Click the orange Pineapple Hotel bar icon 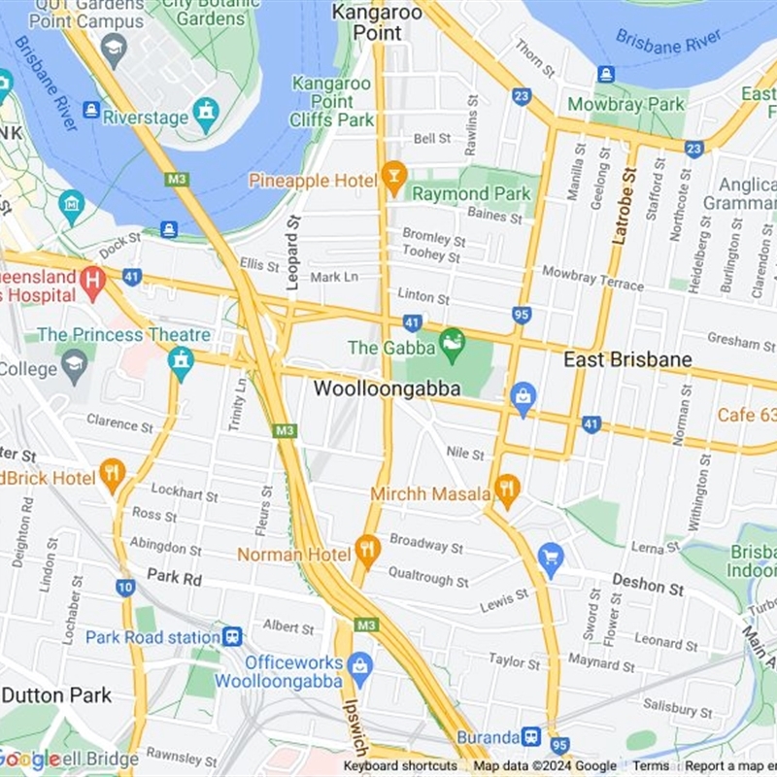point(393,178)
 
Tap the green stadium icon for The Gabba point(452,342)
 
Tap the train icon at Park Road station point(232,637)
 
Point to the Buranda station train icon point(530,737)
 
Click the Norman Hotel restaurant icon point(366,551)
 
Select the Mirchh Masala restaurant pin point(506,488)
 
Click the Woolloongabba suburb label point(387,388)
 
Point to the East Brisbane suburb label point(627,360)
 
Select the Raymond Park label point(472,193)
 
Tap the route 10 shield point(125,587)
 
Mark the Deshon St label point(648,586)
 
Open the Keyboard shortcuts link point(399,766)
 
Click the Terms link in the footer point(651,766)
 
